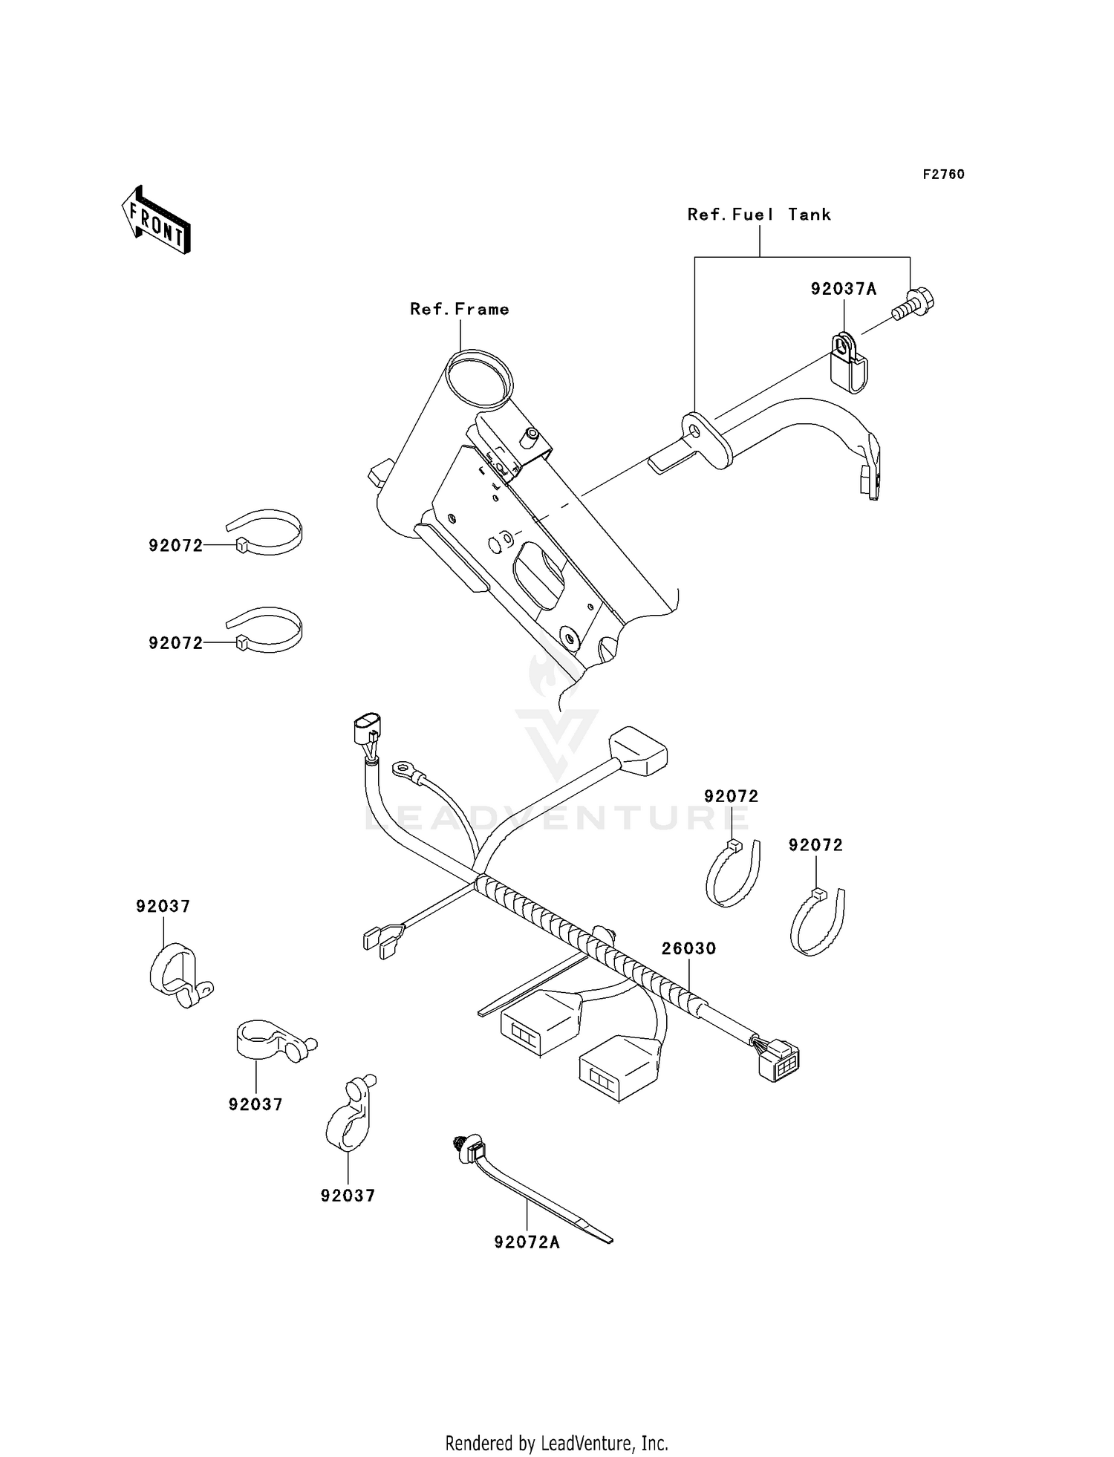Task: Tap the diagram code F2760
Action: [x=943, y=175]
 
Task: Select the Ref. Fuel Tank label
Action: [x=758, y=215]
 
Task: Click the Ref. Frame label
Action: [x=460, y=309]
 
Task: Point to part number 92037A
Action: [x=843, y=290]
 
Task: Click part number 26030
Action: [x=688, y=948]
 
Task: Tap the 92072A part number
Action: [x=527, y=1242]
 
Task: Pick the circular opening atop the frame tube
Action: [x=479, y=379]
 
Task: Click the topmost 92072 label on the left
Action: [x=175, y=546]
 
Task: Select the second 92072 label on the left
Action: [x=175, y=643]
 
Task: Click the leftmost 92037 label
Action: [x=163, y=906]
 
